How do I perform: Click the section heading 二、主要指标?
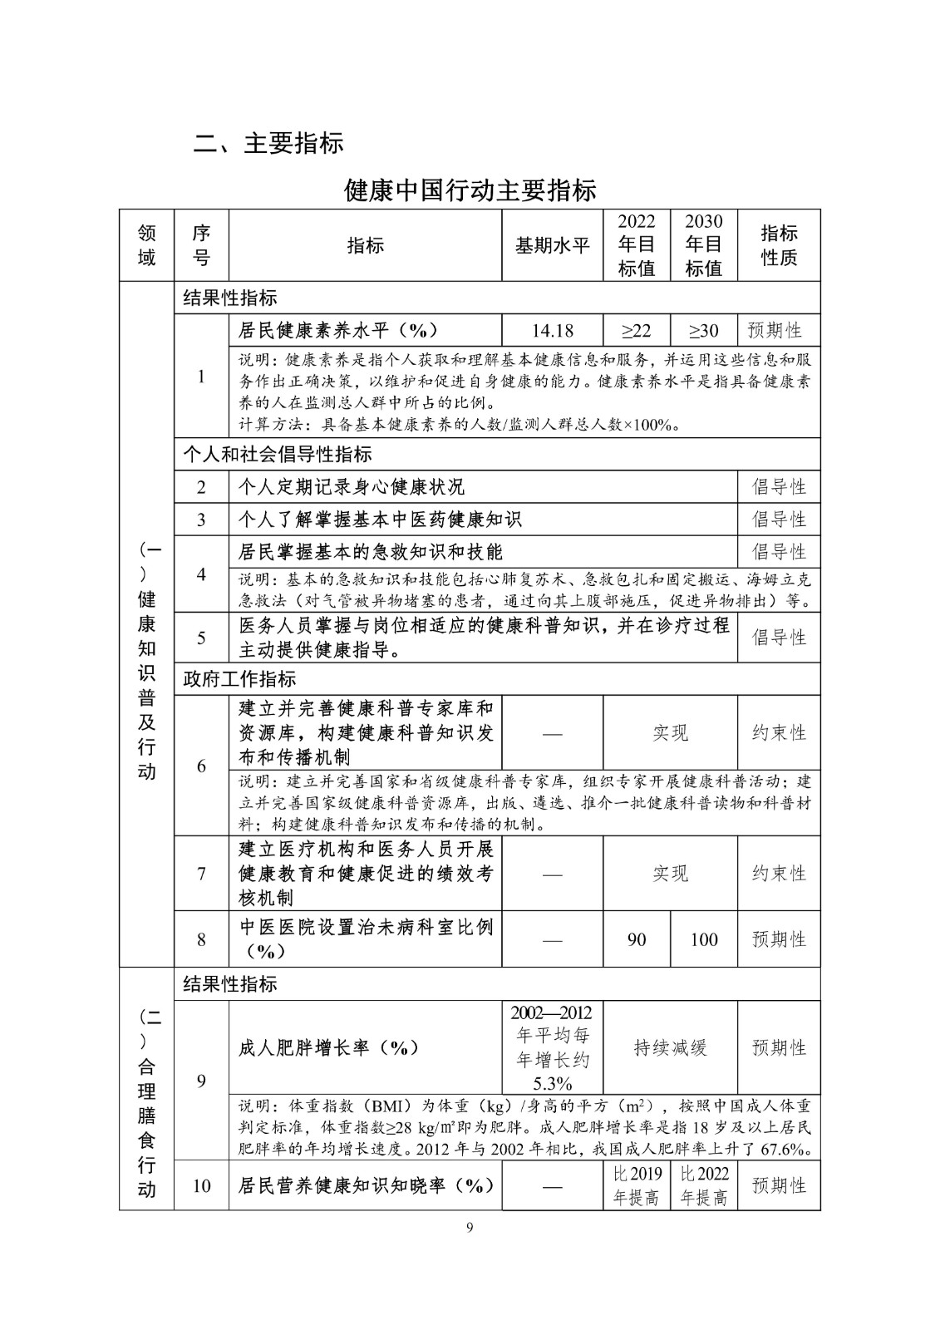pos(268,143)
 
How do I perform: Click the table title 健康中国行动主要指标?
pos(470,190)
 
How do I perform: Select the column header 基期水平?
pos(552,246)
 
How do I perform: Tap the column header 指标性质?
pos(779,245)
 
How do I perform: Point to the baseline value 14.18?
pos(552,331)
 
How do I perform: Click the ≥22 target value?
pos(637,331)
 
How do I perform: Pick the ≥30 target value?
pos(703,331)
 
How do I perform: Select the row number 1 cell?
pos(201,376)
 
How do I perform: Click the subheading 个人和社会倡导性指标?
pos(278,455)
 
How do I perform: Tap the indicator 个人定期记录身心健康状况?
pos(352,487)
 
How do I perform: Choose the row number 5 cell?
pos(201,638)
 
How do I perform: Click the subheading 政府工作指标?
pos(239,679)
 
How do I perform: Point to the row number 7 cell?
pos(201,874)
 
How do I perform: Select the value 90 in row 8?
pos(637,939)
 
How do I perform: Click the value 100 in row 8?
pos(703,939)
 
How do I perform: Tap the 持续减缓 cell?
pos(670,1048)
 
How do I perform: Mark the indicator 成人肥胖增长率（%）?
pos(329,1048)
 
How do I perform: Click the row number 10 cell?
pos(201,1186)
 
